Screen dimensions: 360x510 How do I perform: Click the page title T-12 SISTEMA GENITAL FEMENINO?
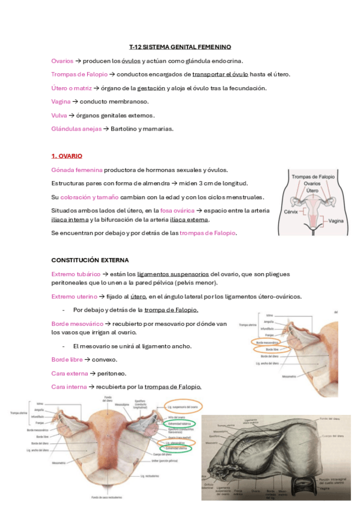pyautogui.click(x=180, y=47)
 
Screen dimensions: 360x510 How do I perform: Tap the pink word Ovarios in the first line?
pyautogui.click(x=63, y=61)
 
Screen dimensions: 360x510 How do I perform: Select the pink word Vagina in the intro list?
pyautogui.click(x=61, y=102)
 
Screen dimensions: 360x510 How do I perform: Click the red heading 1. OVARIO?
pyautogui.click(x=67, y=156)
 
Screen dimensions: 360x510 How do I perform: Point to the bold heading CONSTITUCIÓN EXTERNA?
pyautogui.click(x=90, y=260)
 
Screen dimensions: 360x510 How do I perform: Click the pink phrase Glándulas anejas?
pyautogui.click(x=76, y=129)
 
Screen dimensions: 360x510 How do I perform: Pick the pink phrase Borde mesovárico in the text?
pyautogui.click(x=78, y=324)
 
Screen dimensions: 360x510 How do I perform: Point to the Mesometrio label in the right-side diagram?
pyautogui.click(x=272, y=376)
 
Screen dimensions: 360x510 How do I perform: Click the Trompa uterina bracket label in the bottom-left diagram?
pyautogui.click(x=19, y=413)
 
